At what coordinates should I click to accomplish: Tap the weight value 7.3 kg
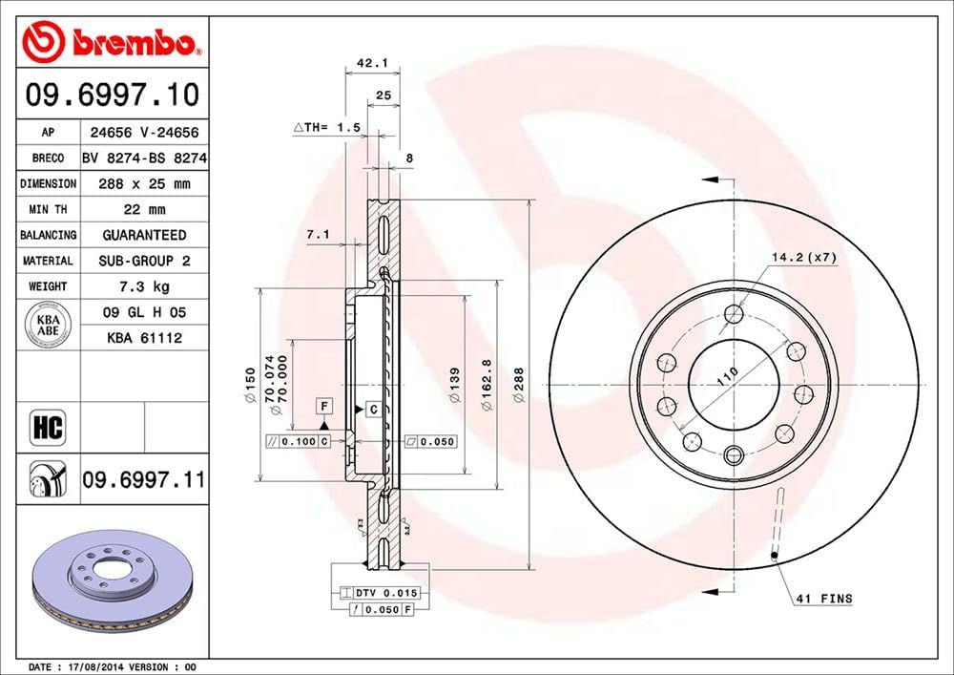point(143,286)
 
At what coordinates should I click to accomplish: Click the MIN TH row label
point(48,209)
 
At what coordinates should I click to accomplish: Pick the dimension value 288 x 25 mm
point(143,183)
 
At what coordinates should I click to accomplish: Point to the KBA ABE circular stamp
point(48,325)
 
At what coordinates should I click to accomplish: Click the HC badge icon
point(48,427)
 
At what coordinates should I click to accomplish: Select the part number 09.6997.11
point(143,478)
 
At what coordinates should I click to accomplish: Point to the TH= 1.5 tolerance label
point(329,126)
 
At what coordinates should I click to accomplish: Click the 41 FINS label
point(823,599)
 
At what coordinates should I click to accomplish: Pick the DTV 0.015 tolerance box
point(387,593)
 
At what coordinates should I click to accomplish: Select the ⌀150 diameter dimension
point(250,385)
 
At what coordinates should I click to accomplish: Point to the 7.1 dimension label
point(319,233)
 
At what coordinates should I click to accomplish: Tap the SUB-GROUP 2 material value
point(143,261)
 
